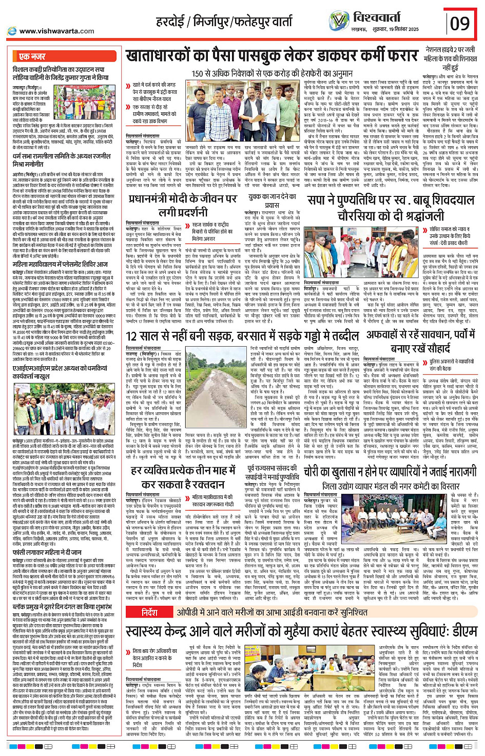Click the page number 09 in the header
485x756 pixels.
(460, 24)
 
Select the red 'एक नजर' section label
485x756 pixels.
(32, 56)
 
